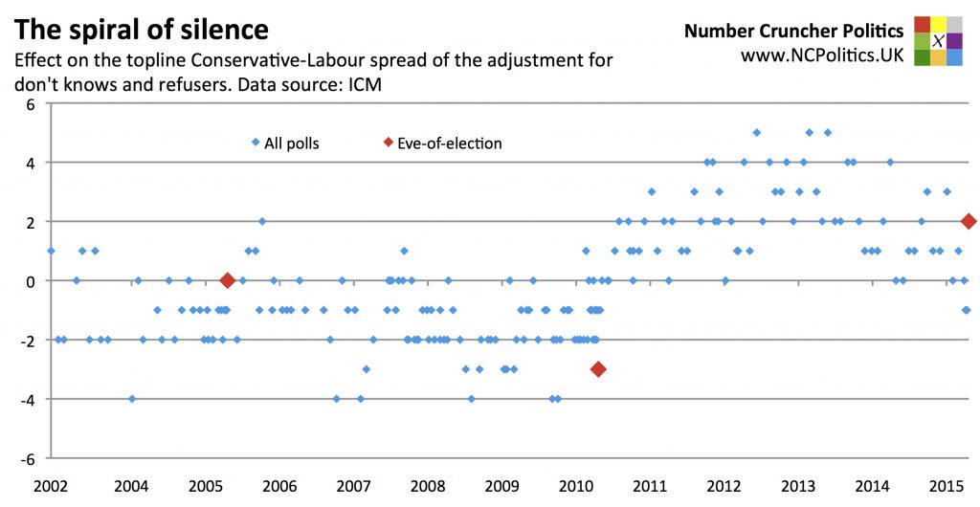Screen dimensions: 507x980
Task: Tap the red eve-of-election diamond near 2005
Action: (228, 280)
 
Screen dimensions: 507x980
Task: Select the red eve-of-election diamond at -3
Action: (598, 369)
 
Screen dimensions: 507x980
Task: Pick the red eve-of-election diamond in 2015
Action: (969, 222)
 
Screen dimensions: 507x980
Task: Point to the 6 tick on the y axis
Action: (29, 103)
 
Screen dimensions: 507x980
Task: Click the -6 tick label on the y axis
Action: (26, 458)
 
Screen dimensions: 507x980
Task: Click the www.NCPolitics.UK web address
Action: (822, 55)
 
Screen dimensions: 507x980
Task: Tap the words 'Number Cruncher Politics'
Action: (793, 32)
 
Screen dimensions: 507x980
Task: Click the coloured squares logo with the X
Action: (938, 41)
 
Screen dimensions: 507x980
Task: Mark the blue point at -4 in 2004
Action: (131, 399)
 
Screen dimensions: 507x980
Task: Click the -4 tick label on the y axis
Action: (26, 399)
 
